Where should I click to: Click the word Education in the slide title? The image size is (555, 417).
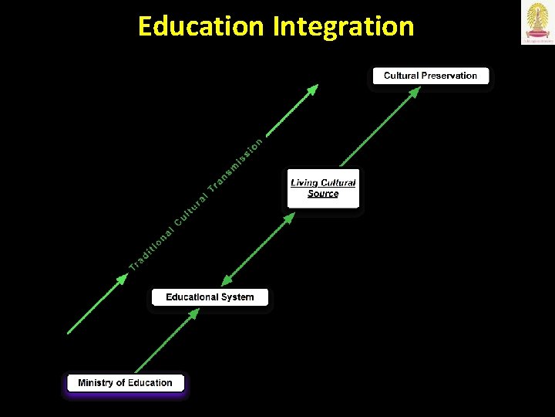click(x=200, y=26)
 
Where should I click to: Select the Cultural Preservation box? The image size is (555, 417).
click(x=430, y=76)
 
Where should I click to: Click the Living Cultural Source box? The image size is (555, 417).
click(x=323, y=188)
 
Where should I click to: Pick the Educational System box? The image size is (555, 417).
click(x=210, y=297)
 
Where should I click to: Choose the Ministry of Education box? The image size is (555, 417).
click(x=125, y=383)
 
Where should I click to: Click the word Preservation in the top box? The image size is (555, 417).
click(x=449, y=76)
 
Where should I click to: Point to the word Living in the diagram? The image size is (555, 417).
click(x=304, y=183)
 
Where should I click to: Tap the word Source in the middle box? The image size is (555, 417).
click(x=323, y=194)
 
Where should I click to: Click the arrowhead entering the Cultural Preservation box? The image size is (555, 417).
click(x=414, y=92)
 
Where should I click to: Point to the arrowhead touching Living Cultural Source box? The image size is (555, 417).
click(x=288, y=218)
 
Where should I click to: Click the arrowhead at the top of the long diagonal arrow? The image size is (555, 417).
click(x=312, y=90)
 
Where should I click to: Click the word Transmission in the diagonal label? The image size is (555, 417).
click(x=236, y=163)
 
